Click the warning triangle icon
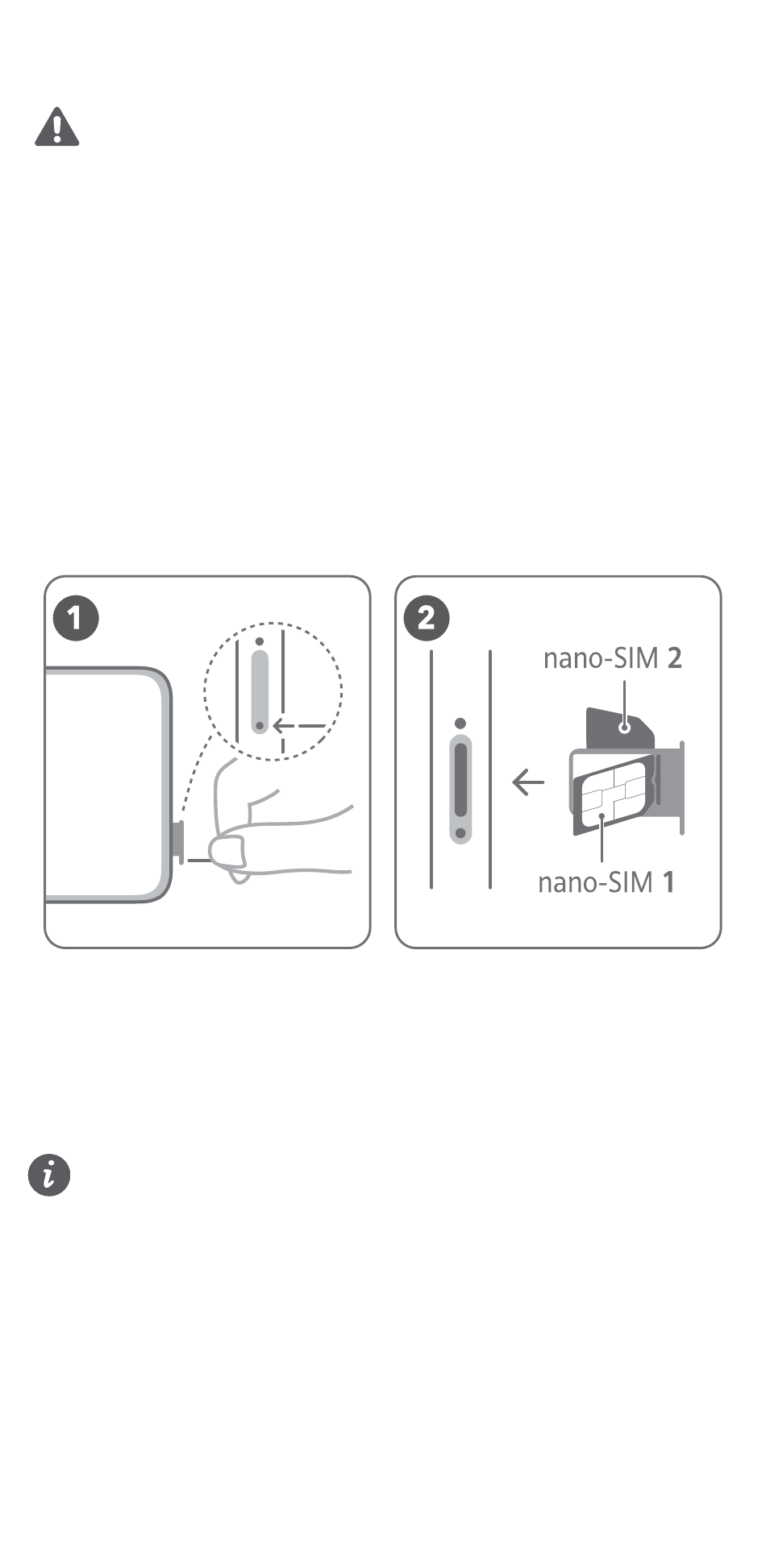(56, 127)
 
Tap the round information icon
(49, 1175)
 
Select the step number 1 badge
(75, 619)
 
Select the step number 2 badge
(427, 619)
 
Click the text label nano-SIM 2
(613, 658)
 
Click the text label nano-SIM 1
(606, 882)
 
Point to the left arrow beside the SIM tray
(528, 781)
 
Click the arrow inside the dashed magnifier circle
(299, 725)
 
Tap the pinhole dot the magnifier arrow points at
(260, 725)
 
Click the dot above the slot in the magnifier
(260, 642)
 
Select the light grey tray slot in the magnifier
(260, 691)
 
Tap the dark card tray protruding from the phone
(178, 842)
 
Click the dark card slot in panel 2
(460, 780)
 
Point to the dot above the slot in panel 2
(460, 723)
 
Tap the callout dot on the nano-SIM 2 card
(623, 728)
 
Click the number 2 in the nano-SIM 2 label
(675, 658)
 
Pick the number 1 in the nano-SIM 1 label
(668, 882)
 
